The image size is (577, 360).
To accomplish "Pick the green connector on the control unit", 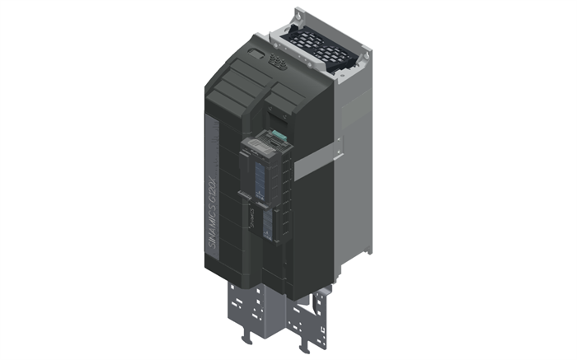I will tap(279, 137).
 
